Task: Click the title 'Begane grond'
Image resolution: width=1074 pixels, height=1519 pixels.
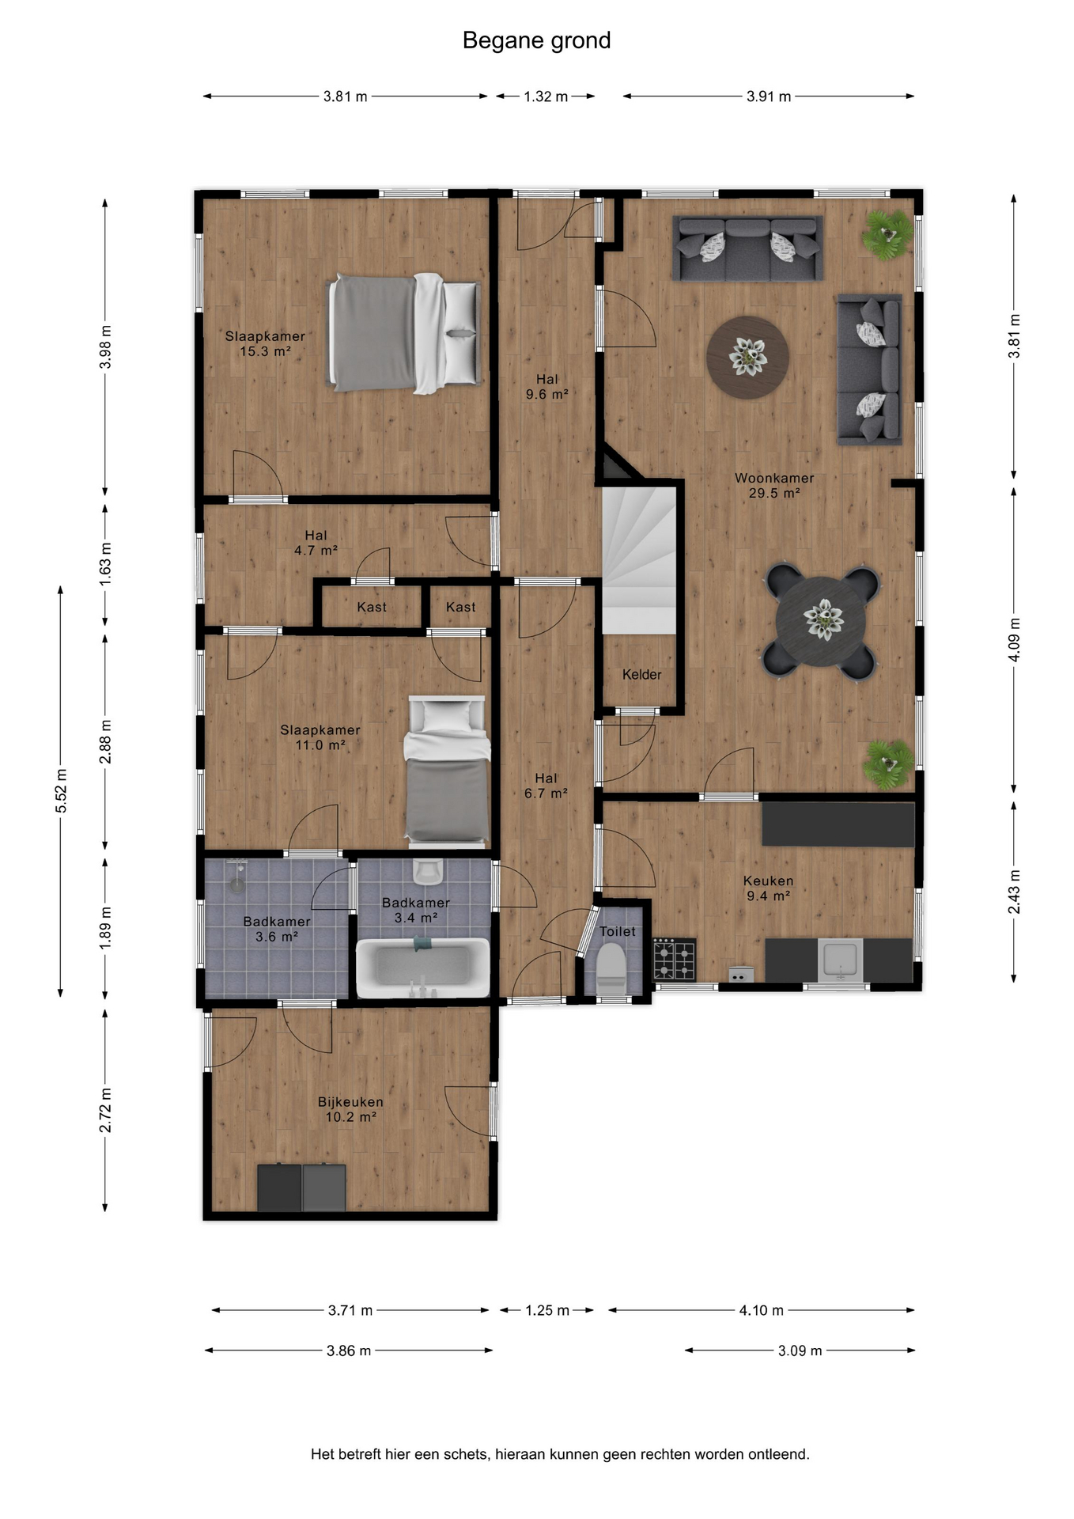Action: [536, 40]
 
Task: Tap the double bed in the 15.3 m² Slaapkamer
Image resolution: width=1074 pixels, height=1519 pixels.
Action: [405, 332]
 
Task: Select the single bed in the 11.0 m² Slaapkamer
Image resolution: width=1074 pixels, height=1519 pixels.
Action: [447, 769]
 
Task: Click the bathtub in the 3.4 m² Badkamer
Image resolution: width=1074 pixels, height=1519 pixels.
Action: [422, 967]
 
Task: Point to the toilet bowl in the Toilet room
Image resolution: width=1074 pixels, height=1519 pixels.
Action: [611, 968]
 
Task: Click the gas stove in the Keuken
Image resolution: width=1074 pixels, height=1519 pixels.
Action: [674, 959]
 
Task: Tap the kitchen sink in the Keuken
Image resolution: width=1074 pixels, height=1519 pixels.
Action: [840, 959]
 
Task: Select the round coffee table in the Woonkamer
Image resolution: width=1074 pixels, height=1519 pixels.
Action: [747, 357]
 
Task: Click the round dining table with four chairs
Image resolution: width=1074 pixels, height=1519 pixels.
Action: [821, 621]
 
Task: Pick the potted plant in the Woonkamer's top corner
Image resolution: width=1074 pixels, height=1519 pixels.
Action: [887, 233]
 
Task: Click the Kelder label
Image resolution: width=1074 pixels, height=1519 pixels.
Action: [641, 675]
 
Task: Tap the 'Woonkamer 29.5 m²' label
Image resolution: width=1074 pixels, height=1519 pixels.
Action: [774, 485]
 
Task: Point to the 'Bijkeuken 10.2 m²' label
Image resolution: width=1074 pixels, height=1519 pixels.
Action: [350, 1109]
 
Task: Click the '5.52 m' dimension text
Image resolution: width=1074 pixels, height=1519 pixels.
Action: [61, 790]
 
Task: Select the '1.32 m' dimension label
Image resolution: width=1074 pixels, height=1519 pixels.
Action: [546, 97]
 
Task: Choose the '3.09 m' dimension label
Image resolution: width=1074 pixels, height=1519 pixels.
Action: [800, 1350]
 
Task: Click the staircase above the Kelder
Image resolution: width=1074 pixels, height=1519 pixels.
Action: [640, 560]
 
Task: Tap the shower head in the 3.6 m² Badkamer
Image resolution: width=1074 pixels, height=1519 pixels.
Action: [237, 877]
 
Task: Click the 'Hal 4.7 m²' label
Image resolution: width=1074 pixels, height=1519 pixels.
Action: [316, 543]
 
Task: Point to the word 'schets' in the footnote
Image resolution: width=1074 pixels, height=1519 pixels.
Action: [466, 1454]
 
